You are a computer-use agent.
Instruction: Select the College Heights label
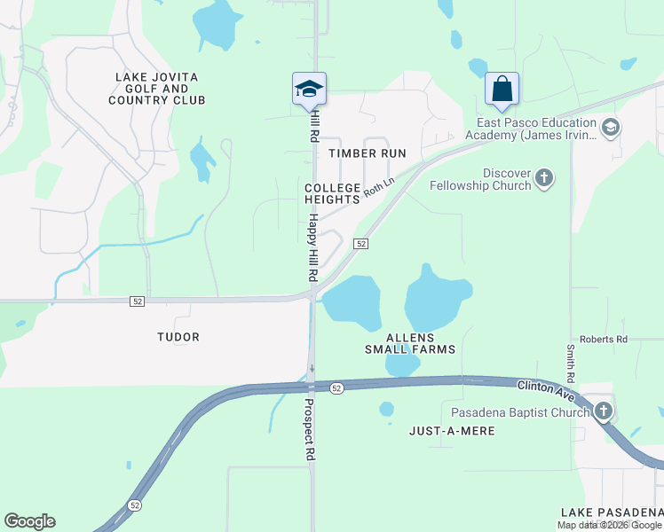[332, 194]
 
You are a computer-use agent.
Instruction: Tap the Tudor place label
[178, 337]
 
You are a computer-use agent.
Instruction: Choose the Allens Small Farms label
[410, 343]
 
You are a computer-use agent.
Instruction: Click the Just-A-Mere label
[452, 431]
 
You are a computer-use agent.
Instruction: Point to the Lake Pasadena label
[611, 512]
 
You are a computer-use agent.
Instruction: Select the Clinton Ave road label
[546, 387]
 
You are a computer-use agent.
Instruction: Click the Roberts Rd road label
[604, 340]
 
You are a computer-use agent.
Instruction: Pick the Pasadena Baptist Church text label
[520, 412]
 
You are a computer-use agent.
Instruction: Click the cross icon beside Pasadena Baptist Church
[604, 411]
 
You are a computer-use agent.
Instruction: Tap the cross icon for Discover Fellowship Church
[545, 179]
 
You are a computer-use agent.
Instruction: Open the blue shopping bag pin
[502, 90]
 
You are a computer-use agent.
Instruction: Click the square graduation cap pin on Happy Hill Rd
[309, 89]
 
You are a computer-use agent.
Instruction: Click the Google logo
[29, 521]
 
